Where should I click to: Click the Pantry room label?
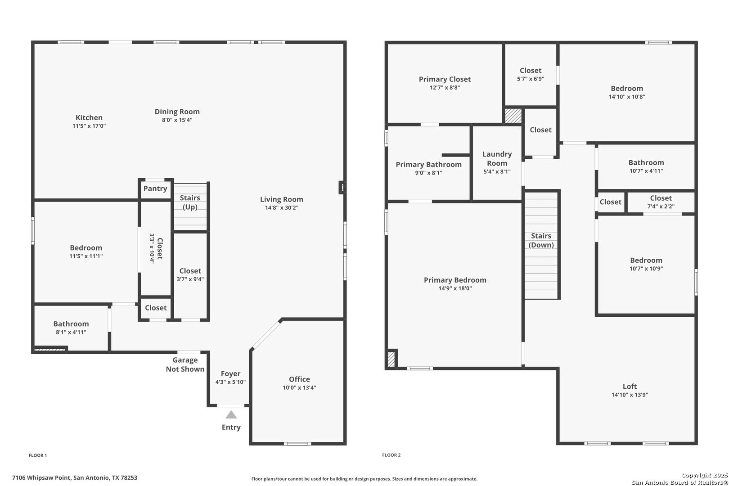point(155,189)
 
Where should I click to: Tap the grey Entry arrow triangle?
point(231,415)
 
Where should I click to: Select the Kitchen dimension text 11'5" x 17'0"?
point(89,126)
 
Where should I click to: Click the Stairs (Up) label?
point(190,202)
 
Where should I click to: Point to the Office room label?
point(299,379)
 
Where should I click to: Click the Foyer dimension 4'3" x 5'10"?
point(230,382)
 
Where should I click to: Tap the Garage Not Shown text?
point(185,364)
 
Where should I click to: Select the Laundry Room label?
point(497,158)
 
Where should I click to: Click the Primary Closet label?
point(445,79)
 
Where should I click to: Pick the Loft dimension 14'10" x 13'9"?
point(630,395)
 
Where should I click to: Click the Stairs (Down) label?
point(541,241)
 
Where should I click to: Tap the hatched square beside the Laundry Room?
point(513,116)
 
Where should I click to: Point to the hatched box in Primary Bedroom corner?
point(391,359)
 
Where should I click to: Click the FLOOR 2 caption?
point(391,455)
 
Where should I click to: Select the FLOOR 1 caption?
point(38,455)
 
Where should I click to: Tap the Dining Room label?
point(177,112)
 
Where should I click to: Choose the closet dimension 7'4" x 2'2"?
point(661,207)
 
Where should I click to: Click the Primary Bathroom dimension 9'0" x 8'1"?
point(428,173)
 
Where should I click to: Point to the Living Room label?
point(282,199)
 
